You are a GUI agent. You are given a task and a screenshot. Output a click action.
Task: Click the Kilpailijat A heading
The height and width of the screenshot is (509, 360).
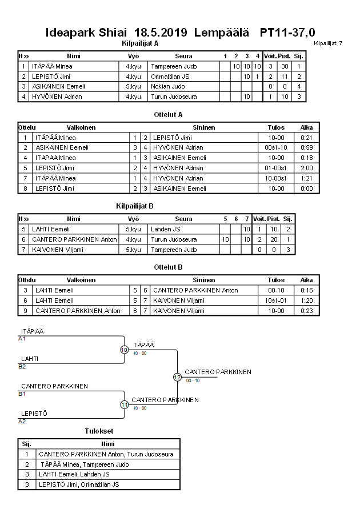(140, 43)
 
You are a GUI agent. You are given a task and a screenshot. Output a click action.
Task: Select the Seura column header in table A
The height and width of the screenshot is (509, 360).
(183, 56)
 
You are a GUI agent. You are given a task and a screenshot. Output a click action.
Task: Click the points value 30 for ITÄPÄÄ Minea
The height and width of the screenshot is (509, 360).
(285, 66)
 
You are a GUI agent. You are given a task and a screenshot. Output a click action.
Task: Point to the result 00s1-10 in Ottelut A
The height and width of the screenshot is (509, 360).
(276, 147)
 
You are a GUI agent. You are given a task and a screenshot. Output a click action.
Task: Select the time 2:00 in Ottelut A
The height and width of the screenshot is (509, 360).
(307, 168)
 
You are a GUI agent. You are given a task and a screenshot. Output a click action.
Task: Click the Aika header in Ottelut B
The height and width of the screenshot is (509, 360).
(307, 280)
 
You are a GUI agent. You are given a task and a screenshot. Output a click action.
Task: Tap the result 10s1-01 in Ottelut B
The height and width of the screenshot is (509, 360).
(276, 300)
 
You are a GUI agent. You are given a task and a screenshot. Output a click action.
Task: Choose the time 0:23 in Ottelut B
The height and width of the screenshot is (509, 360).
(307, 311)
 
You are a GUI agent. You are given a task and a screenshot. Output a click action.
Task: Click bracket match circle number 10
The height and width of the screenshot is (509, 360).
(124, 350)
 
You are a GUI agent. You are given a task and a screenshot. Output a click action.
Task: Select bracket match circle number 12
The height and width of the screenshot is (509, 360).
(177, 377)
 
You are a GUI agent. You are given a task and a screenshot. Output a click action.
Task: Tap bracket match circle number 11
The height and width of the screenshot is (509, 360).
(124, 404)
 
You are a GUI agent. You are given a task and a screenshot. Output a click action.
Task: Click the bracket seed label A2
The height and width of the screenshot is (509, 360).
(22, 421)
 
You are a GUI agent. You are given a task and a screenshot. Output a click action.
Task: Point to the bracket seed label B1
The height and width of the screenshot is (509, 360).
(22, 394)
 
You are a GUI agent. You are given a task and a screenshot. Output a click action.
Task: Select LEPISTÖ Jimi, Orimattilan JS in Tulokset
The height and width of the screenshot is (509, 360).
(79, 484)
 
